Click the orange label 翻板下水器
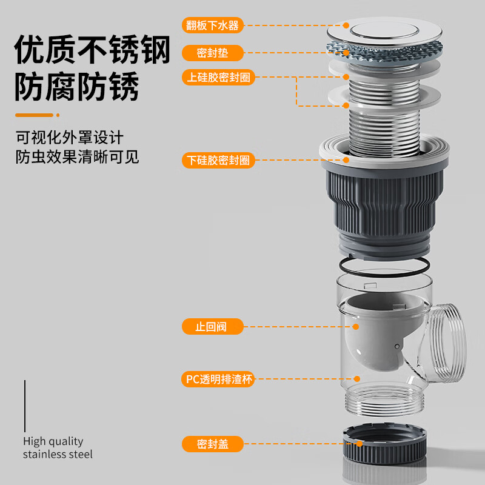point(213,25)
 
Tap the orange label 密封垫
point(213,53)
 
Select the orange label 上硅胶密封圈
point(218,78)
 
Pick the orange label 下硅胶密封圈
point(218,160)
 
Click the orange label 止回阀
point(213,327)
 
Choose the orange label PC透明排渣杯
point(218,380)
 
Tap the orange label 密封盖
point(213,444)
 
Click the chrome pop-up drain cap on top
point(384,32)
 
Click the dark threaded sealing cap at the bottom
point(384,444)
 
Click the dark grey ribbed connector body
point(384,210)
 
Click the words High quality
point(53,441)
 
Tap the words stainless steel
point(58,454)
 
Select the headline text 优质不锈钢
point(92,50)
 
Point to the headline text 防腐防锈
point(77,87)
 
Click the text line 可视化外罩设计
point(70,138)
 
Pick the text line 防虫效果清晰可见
point(78,157)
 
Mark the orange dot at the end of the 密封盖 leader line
point(360,444)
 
